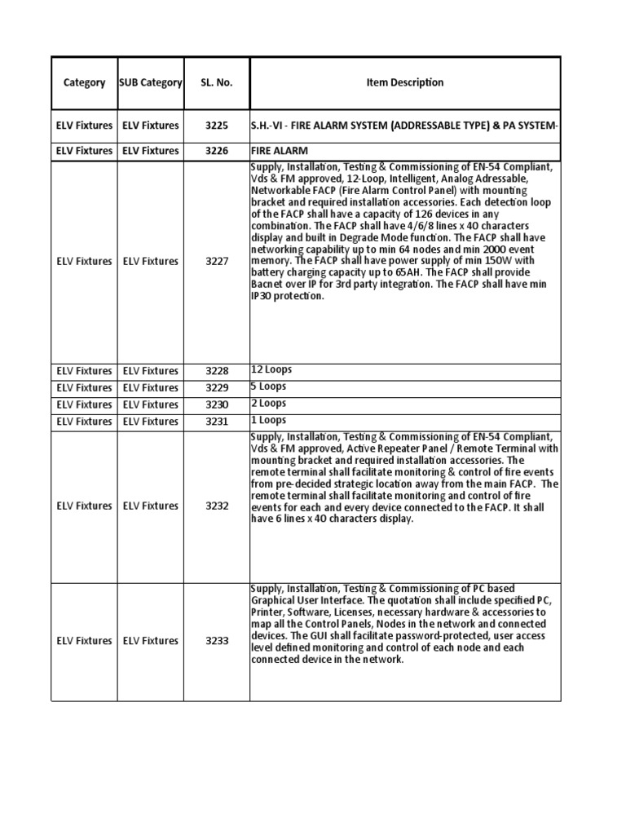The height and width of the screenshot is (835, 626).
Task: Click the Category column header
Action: pos(84,82)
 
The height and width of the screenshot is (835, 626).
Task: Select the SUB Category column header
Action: pos(150,82)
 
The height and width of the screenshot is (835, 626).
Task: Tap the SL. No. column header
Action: pos(216,82)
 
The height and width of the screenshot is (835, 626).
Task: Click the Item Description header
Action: pos(404,82)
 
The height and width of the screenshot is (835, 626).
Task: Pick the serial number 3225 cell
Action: pos(216,126)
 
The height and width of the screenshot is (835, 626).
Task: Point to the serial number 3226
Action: pos(216,151)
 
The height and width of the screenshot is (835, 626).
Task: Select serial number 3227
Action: pos(216,262)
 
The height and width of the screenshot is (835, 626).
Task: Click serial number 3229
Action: pos(216,388)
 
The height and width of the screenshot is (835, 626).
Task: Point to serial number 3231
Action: pos(216,422)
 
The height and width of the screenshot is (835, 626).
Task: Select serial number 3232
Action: pos(216,506)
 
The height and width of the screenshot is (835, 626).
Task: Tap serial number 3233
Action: pos(216,641)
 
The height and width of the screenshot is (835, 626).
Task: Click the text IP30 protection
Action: pos(288,296)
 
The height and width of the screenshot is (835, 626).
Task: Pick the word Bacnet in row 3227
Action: pos(267,285)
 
